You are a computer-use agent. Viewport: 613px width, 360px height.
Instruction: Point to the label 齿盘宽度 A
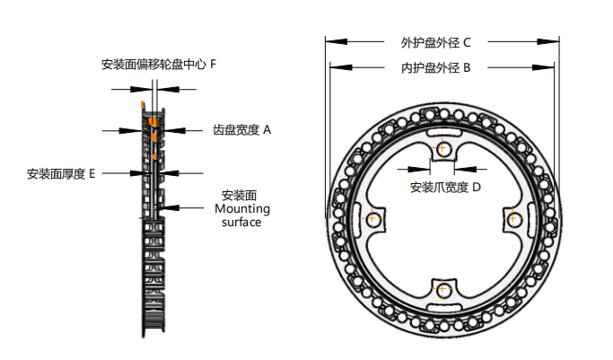click(241, 130)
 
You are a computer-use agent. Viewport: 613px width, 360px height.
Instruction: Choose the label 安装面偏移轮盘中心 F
click(158, 65)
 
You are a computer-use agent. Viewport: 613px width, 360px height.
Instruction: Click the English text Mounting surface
click(242, 215)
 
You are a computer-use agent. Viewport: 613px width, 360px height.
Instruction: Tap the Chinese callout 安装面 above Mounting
click(240, 196)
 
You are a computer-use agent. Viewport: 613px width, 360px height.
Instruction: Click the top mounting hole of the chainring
click(442, 148)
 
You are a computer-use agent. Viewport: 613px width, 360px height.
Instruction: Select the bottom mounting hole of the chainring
click(442, 289)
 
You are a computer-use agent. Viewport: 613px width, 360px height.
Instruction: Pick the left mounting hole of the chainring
click(372, 218)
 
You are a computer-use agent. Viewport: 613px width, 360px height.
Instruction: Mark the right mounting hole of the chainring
click(513, 218)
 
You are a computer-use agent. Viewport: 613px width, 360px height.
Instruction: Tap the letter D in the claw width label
click(477, 188)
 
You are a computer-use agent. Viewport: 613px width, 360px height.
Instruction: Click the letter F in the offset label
click(213, 65)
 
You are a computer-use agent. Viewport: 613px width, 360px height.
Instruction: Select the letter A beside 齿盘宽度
click(267, 130)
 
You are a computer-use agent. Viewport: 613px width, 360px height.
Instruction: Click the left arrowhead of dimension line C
click(329, 41)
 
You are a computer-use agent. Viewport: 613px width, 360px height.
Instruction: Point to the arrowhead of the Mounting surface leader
click(162, 208)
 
